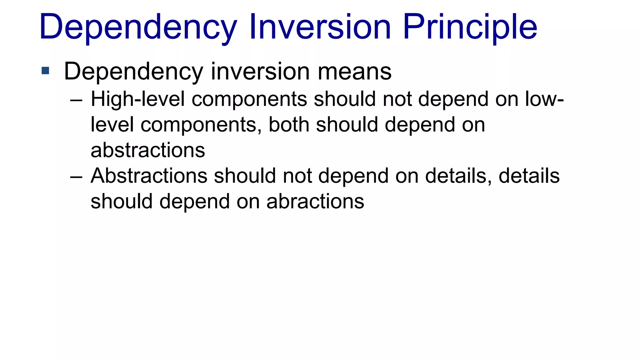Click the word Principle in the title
click(470, 27)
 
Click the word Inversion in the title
click(320, 27)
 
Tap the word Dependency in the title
click(138, 27)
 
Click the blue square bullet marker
click(45, 71)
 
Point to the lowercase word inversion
click(260, 72)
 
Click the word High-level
click(138, 99)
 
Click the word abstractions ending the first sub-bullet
click(148, 150)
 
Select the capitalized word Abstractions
click(149, 176)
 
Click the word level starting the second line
click(112, 125)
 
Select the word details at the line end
click(529, 176)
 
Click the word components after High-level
click(249, 99)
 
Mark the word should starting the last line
click(122, 202)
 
